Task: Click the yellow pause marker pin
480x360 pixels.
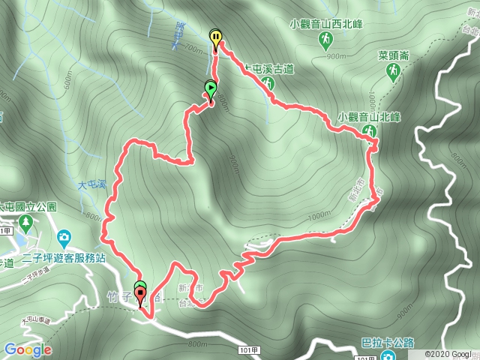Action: [216, 38]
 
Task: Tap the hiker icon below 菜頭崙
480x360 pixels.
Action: [393, 70]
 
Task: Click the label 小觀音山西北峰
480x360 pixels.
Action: [327, 23]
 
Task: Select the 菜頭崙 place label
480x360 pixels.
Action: [394, 55]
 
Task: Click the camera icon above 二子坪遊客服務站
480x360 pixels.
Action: [64, 238]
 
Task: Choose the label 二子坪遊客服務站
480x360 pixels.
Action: [64, 255]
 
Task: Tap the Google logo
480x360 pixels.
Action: [27, 349]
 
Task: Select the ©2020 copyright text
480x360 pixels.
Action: [447, 353]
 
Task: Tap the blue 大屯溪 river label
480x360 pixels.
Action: [91, 184]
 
